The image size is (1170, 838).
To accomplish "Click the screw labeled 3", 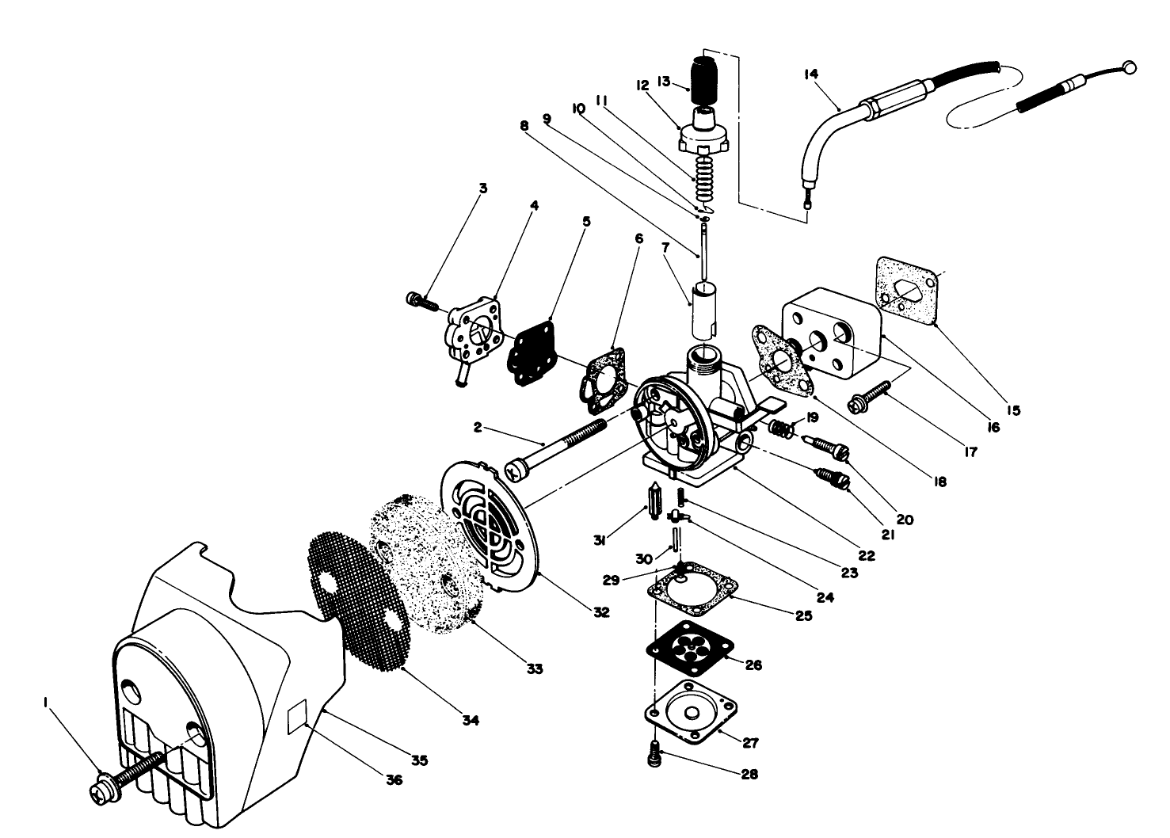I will click(419, 300).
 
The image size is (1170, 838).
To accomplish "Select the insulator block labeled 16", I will click(832, 333).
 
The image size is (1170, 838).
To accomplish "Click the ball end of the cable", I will click(1130, 67).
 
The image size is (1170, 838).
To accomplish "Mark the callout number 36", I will click(394, 779).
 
